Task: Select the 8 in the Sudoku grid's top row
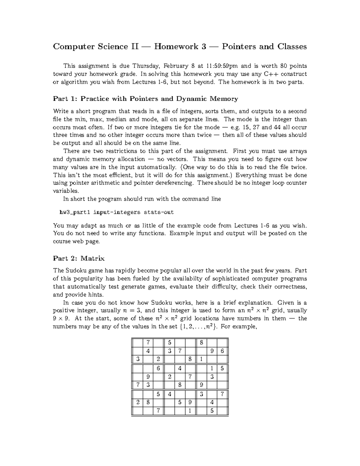[201, 342]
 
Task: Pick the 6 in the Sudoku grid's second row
[222, 351]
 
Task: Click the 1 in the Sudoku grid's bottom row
[190, 411]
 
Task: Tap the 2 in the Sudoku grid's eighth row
[138, 402]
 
